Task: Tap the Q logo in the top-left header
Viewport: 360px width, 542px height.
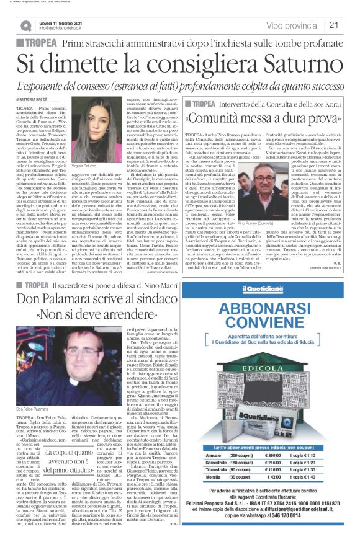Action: (25, 25)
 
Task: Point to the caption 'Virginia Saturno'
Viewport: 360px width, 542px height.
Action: (88, 177)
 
